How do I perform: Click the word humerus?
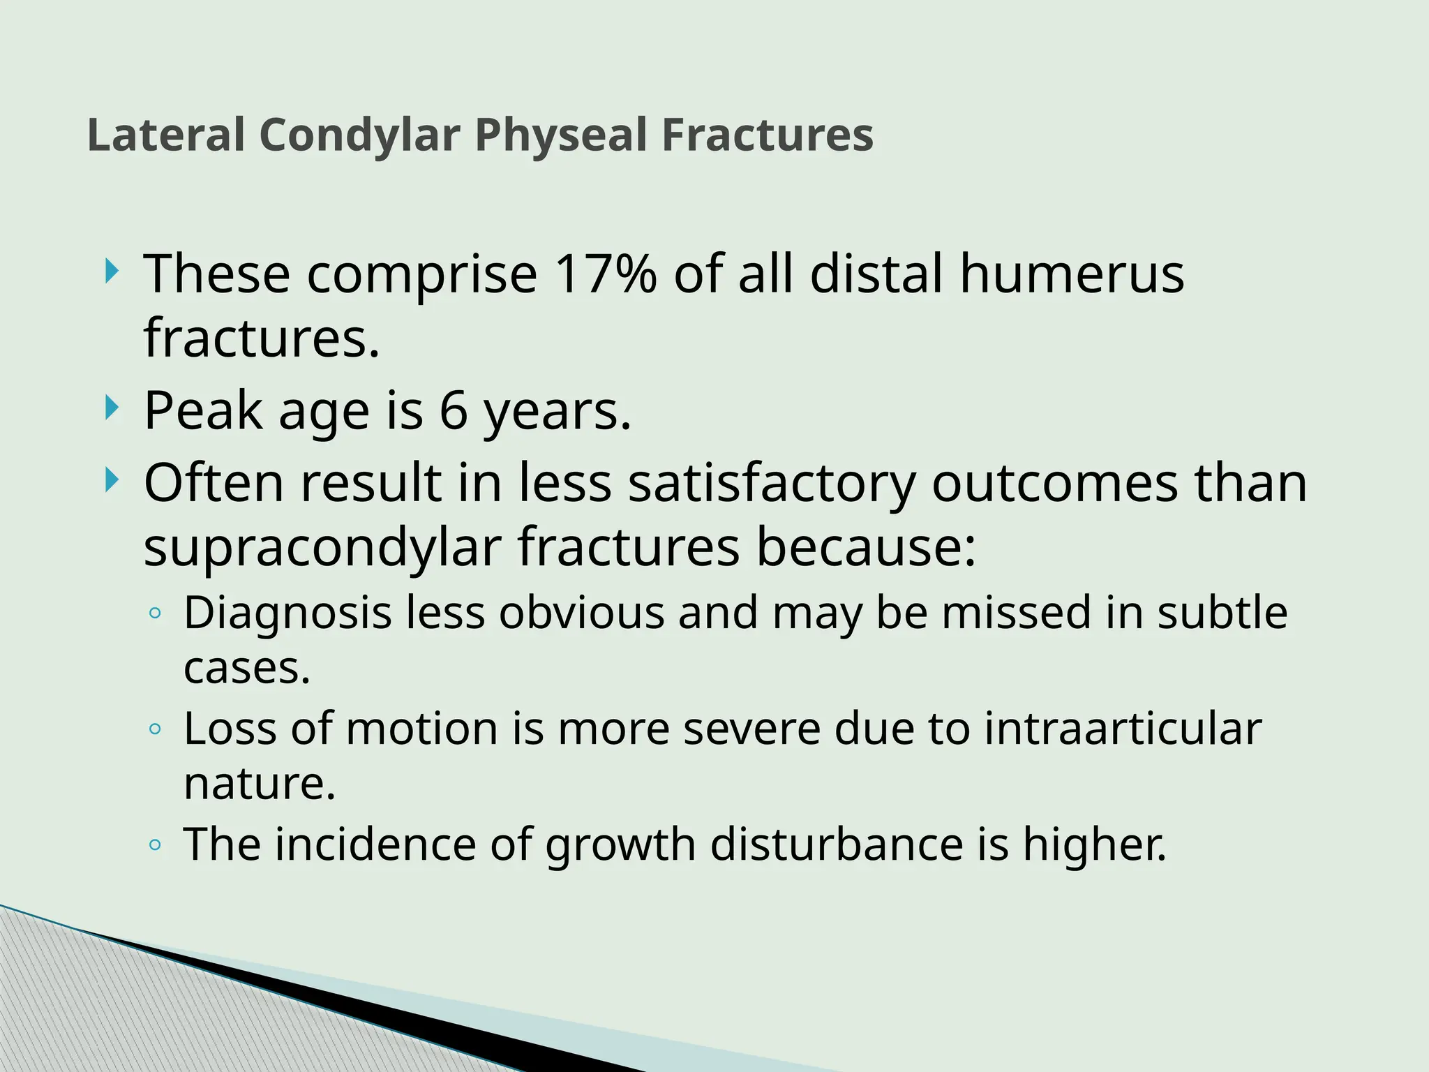1072,274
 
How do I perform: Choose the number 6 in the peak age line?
454,410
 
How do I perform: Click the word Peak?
202,410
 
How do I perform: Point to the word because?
866,548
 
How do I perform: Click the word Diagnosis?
287,613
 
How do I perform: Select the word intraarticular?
1123,729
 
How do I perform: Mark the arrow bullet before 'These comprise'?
111,271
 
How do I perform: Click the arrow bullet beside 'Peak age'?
111,408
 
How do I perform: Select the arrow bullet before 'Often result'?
111,480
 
